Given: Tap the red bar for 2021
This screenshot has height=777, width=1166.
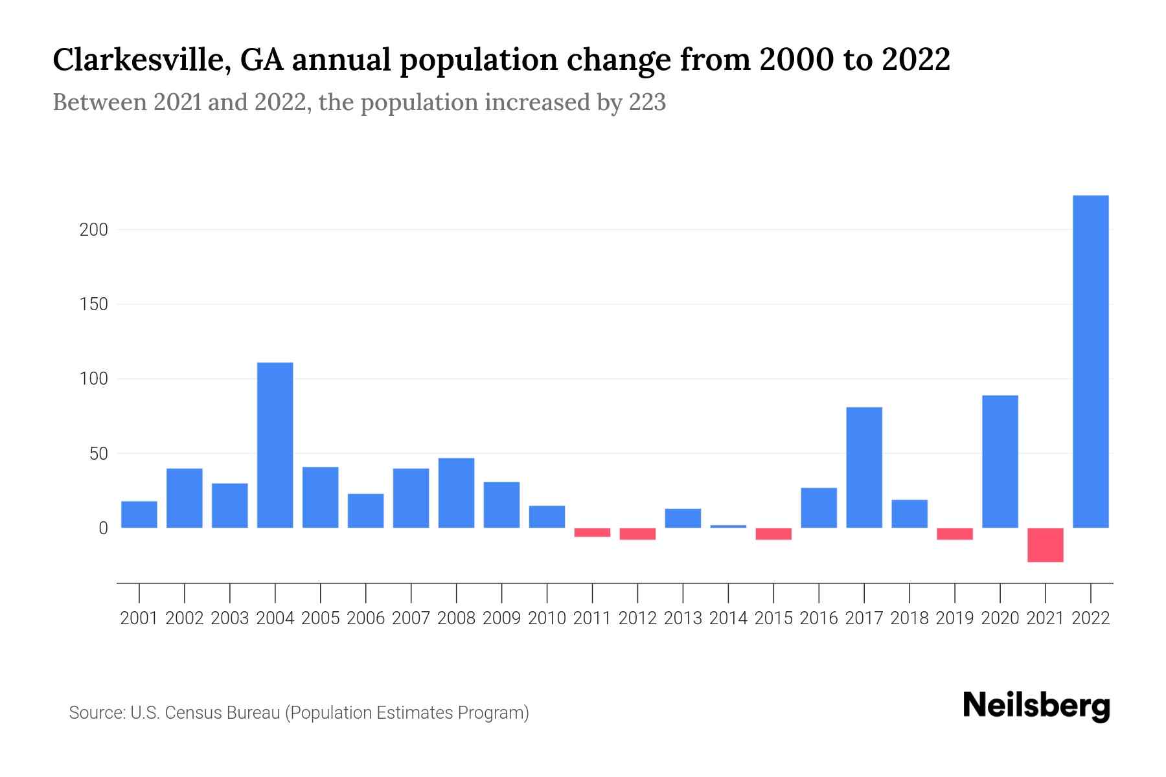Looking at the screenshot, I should point(1046,545).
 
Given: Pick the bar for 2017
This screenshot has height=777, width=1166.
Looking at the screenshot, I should point(864,467).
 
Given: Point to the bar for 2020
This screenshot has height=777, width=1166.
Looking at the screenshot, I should point(1000,462).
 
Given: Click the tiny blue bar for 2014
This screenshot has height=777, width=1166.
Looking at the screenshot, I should point(728,526).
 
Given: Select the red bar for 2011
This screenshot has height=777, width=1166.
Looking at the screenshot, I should point(592,532).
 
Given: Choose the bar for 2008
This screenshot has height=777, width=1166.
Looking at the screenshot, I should point(456,493).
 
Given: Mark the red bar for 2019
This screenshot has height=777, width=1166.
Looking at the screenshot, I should point(955,534).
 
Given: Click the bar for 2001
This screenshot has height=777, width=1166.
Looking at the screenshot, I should point(139,514).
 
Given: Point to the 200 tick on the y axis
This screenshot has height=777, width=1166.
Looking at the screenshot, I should point(93,230).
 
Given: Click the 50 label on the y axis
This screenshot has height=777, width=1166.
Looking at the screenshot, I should point(98,454).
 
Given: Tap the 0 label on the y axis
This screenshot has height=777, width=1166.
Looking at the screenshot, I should point(103,528).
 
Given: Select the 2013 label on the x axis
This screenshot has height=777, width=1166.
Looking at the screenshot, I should point(683,618).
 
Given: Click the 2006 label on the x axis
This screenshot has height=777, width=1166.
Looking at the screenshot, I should point(365,618).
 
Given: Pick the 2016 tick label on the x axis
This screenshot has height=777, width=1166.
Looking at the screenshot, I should point(819,618).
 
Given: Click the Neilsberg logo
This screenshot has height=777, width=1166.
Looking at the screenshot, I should point(1036,706).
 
